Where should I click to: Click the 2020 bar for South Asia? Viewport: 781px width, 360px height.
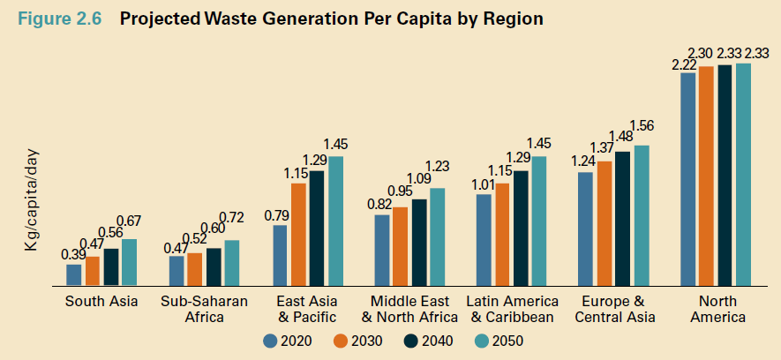73,275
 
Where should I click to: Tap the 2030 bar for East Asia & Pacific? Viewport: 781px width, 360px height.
298,235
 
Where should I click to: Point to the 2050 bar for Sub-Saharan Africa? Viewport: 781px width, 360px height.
232,263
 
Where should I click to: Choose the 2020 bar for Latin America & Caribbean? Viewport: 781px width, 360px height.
484,240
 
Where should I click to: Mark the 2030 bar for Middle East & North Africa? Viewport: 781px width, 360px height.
400,247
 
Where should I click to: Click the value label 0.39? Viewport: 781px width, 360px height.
72,254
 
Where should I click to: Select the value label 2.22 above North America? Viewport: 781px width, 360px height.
684,64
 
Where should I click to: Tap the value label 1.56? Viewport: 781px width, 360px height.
641,125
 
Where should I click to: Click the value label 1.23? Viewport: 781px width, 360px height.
438,166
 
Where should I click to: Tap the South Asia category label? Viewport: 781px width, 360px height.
101,302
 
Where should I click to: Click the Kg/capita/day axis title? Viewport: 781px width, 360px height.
33,206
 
